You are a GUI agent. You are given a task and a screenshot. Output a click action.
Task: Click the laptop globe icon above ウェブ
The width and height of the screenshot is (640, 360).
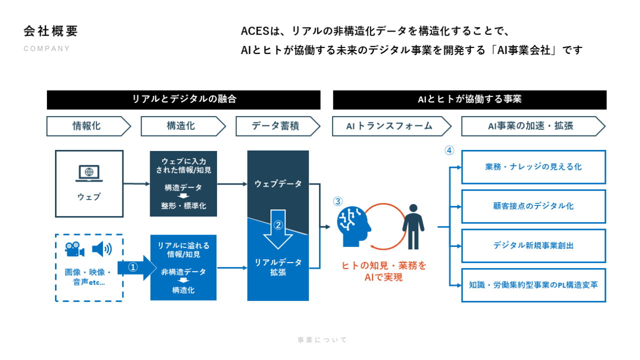pos(89,173)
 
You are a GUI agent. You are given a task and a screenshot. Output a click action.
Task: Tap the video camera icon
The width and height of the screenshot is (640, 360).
pos(74,249)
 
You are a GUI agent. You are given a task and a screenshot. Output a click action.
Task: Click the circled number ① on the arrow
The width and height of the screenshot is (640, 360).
pos(133,267)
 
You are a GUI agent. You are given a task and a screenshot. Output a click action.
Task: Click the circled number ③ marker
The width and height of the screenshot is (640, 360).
pos(338,201)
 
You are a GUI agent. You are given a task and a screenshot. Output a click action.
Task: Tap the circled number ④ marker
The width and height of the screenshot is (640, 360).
pos(449,150)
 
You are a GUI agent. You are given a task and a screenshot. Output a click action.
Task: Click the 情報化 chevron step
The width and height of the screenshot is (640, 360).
pos(87,126)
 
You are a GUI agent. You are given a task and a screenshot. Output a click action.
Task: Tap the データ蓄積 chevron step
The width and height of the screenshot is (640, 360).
pos(276,126)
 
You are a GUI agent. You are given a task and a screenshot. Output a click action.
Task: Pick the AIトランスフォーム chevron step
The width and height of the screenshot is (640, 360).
pos(390,126)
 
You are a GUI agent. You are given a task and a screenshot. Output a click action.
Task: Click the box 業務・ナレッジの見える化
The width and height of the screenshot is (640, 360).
pos(533,167)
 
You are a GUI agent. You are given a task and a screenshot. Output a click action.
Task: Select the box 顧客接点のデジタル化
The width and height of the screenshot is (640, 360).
pos(533,206)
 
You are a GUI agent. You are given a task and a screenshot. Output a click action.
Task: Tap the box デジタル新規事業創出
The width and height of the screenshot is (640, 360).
pos(533,245)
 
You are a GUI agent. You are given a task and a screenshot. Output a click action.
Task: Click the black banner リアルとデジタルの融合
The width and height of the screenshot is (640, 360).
pos(183,99)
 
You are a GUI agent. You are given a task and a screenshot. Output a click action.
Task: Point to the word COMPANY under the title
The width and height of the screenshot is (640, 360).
pos(47,49)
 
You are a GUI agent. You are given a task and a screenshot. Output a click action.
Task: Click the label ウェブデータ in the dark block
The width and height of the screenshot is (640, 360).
pos(278,184)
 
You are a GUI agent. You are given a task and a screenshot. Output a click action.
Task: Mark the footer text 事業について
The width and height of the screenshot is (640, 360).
pos(322,340)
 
